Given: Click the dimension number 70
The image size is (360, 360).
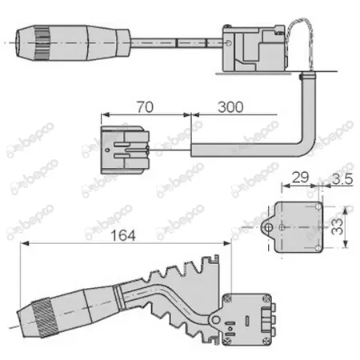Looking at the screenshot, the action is [x=145, y=107].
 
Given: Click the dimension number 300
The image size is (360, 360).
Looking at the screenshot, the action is [x=230, y=107].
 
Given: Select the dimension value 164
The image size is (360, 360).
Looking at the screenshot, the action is [x=123, y=235].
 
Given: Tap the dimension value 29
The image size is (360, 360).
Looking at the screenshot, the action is [x=301, y=178].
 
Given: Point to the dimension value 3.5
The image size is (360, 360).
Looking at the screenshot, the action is [x=342, y=178].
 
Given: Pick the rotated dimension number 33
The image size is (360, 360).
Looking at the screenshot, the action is [x=337, y=226].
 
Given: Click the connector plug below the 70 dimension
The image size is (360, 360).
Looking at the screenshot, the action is [x=125, y=150].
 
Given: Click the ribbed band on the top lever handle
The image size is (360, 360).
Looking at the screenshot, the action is [x=42, y=43].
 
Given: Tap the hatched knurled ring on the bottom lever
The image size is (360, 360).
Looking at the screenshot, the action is [x=45, y=318].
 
